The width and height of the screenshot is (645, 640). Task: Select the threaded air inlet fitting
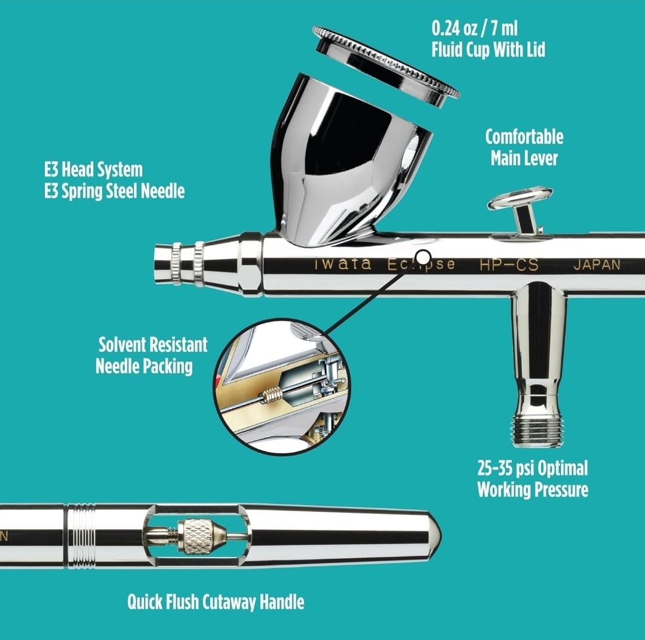(x=537, y=426)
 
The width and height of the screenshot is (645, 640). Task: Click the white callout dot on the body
(x=423, y=257)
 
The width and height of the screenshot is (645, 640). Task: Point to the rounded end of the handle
(x=433, y=535)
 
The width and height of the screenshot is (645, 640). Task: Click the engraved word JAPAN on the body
(x=597, y=265)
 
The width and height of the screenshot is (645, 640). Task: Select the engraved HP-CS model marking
(x=509, y=265)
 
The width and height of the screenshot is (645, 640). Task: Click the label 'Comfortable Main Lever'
(x=524, y=147)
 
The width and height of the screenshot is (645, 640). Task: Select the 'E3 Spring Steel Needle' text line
(x=114, y=191)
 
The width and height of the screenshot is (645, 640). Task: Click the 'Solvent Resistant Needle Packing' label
(x=152, y=355)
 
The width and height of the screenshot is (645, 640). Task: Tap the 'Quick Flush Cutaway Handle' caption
(x=216, y=602)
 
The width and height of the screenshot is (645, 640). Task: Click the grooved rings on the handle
(x=81, y=536)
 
